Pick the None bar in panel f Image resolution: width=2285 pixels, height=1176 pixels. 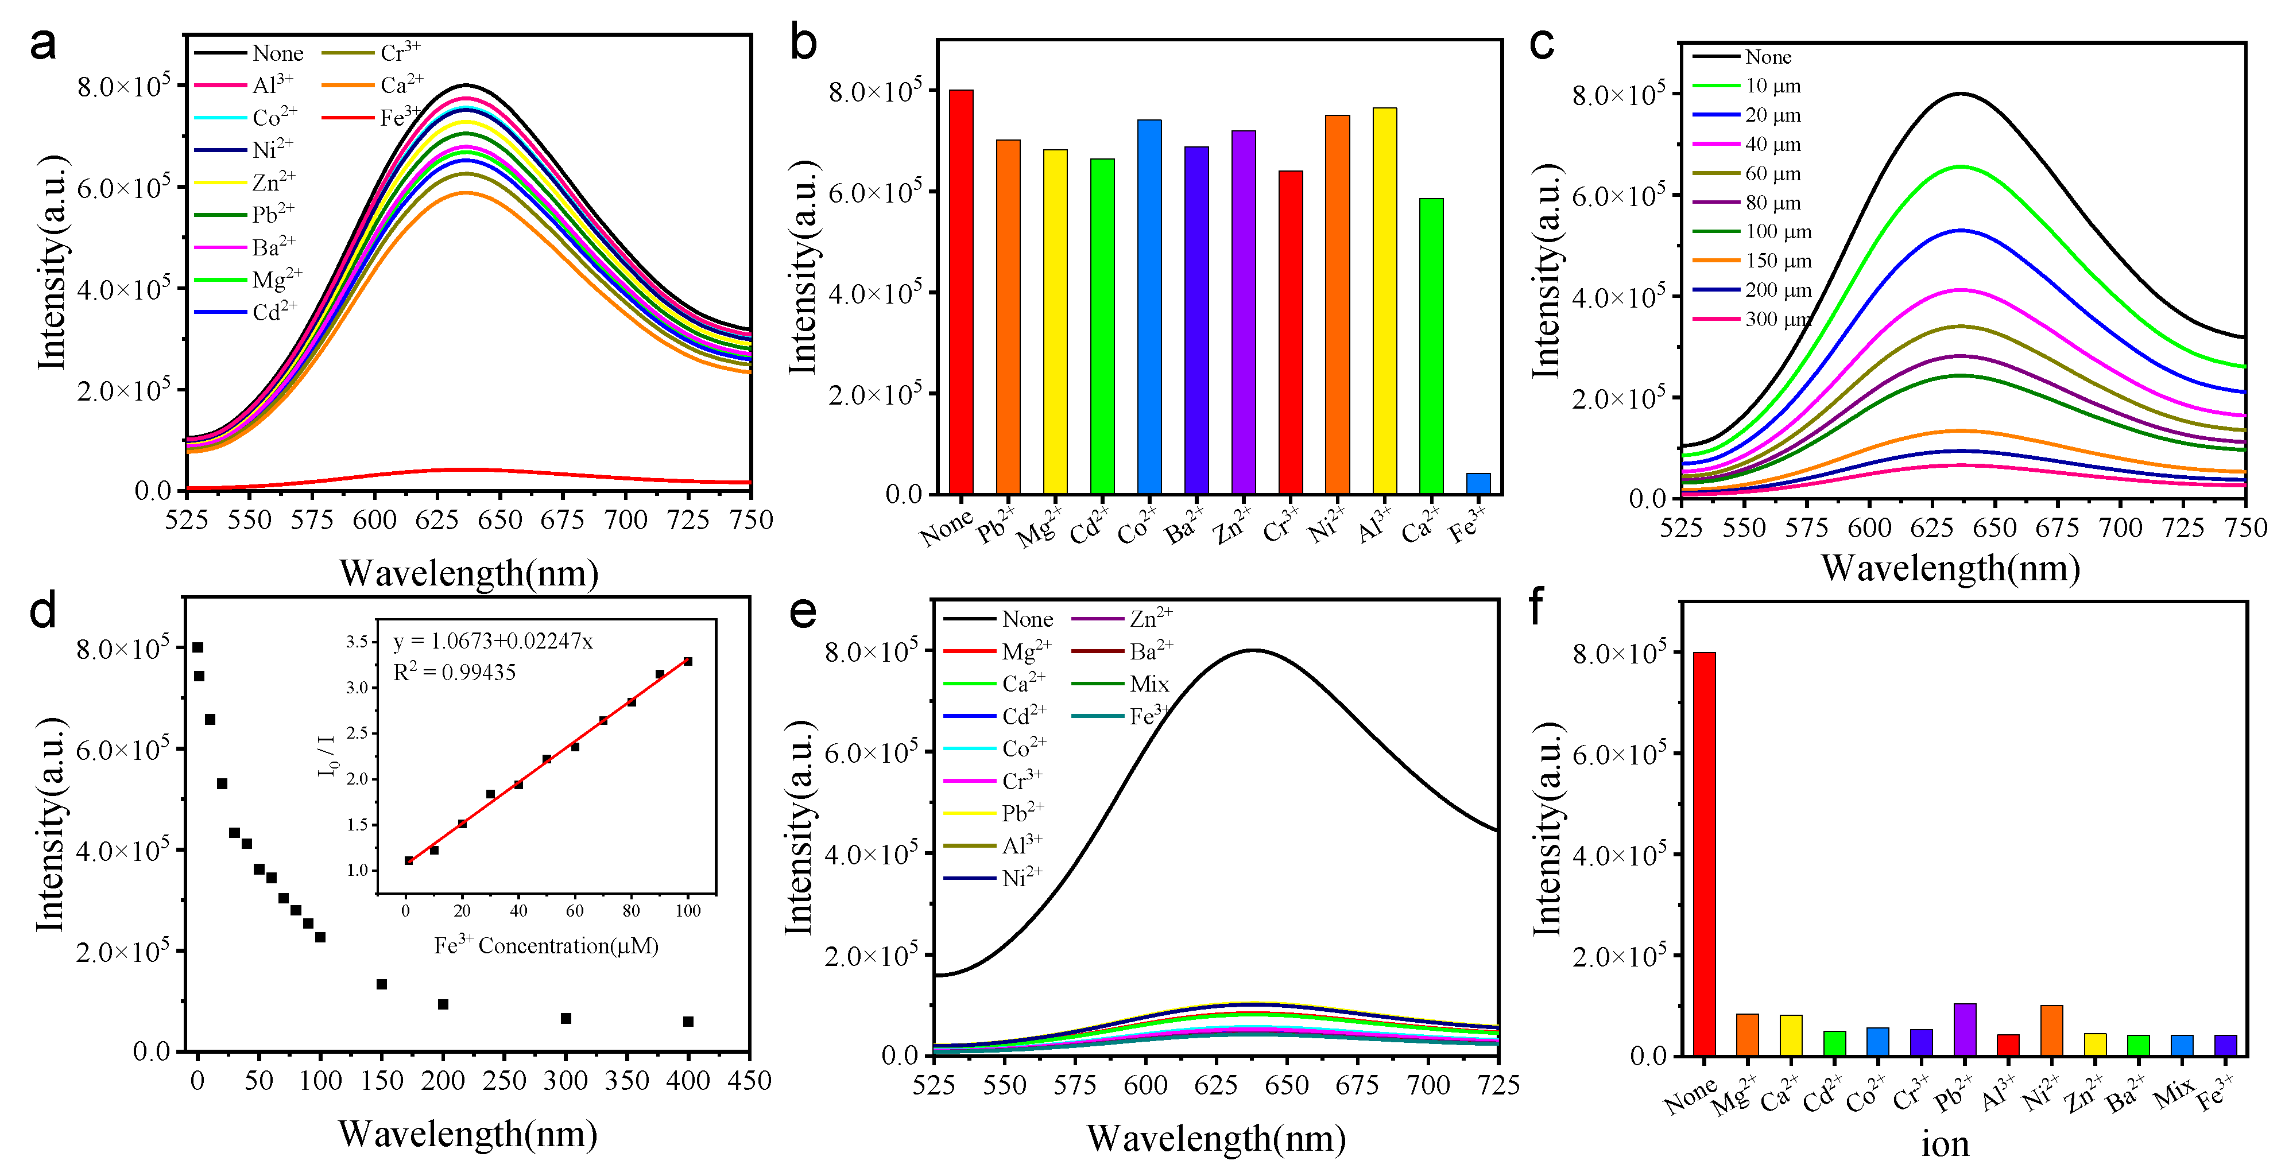click(x=1704, y=853)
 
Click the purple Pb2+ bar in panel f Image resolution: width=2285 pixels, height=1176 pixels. click(x=1965, y=1028)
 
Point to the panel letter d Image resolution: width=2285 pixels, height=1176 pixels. click(x=42, y=612)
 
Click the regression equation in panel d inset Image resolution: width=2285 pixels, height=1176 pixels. click(x=493, y=641)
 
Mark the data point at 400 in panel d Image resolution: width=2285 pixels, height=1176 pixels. click(x=688, y=1022)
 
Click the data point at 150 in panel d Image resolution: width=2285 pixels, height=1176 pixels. click(x=381, y=984)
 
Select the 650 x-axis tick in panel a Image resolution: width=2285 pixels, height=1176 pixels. click(x=500, y=520)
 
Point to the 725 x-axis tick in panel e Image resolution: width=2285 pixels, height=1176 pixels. click(x=1499, y=1085)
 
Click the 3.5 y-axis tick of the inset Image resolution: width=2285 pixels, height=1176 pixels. click(x=358, y=641)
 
